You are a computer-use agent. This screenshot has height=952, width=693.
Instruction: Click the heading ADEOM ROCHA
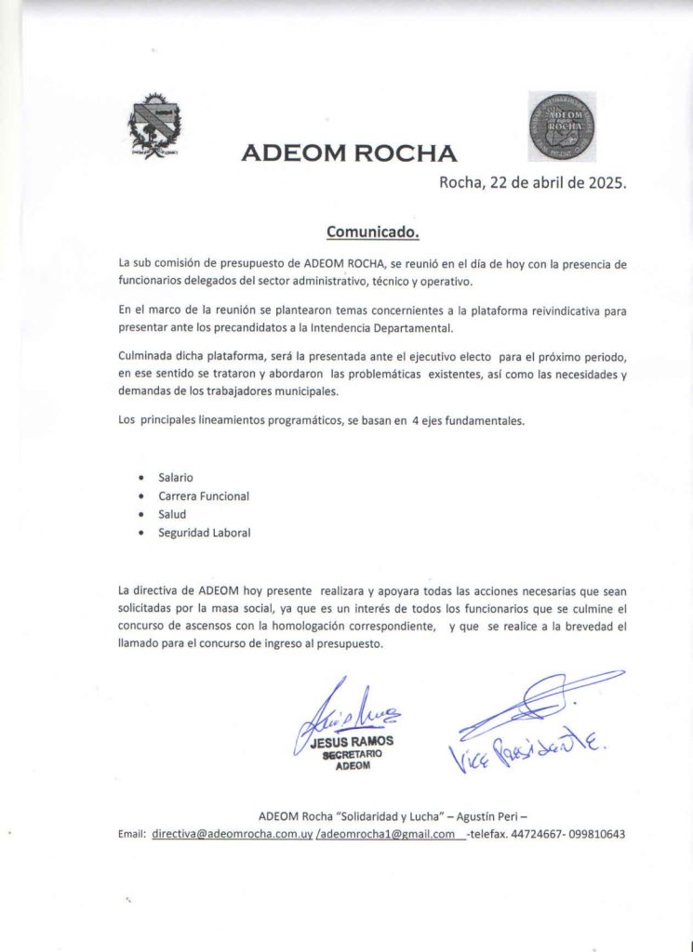click(348, 153)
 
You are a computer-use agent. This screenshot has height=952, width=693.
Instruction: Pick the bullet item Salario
click(176, 477)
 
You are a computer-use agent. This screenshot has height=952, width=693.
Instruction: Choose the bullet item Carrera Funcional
click(204, 496)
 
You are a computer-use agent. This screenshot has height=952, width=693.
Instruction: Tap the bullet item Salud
click(172, 514)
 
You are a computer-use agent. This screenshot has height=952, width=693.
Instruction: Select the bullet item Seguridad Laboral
click(205, 533)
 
